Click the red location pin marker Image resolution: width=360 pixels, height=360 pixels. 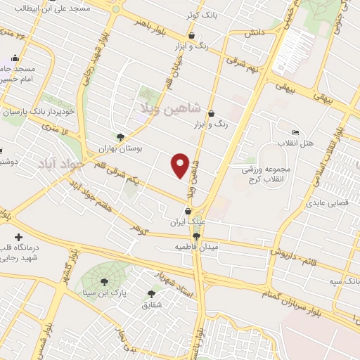[181, 165]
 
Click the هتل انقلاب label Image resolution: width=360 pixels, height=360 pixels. [318, 142]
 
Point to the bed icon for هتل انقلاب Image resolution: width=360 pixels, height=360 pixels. [295, 132]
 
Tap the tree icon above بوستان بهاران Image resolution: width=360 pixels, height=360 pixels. [120, 138]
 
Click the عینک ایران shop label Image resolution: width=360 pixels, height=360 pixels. [187, 222]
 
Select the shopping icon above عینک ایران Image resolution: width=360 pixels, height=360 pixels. [188, 211]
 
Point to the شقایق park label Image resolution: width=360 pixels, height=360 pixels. [152, 305]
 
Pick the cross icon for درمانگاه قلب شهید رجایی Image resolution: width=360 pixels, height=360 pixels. [18, 237]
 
